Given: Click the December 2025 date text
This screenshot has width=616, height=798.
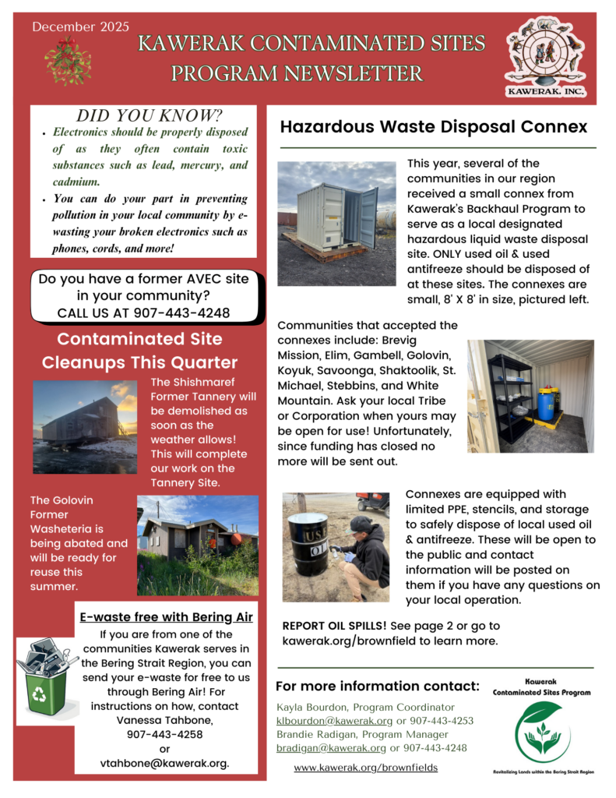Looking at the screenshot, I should click(81, 26).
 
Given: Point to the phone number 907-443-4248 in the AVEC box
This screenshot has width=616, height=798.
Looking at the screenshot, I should click(186, 312).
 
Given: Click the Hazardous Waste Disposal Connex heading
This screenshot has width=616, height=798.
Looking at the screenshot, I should click(434, 127).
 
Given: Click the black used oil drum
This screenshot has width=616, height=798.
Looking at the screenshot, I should click(309, 542).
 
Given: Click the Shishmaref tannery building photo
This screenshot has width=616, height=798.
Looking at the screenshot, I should click(85, 426).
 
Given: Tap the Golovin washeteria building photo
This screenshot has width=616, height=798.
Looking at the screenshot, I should click(197, 545).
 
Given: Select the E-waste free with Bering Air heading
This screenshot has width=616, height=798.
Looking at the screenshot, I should click(167, 617).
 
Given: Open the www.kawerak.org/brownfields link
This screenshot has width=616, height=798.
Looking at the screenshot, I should click(365, 768).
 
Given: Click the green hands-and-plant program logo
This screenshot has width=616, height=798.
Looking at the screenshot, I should click(542, 731).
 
